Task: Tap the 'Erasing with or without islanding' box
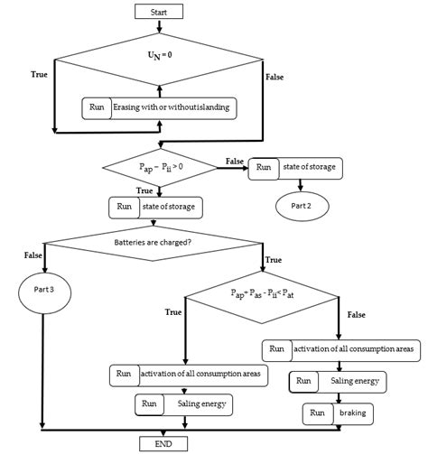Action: point(160,108)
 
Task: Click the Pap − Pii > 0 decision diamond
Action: point(159,166)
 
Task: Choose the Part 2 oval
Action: point(302,206)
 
